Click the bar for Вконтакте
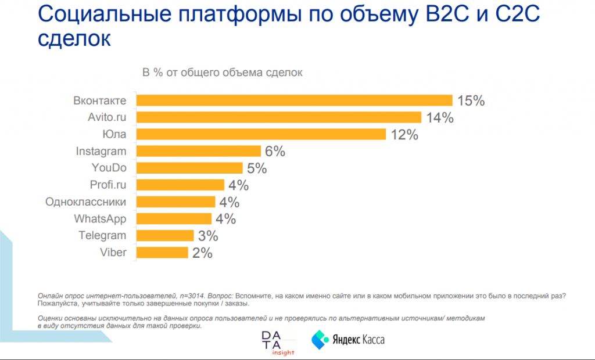pos(293,100)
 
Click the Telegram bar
pos(164,236)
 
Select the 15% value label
pos(471,100)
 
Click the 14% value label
pos(439,117)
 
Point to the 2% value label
pos(202,253)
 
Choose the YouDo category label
pos(109,168)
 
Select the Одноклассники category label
pos(86,202)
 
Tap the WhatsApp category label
pos(100,219)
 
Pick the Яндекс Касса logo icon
pos(320,339)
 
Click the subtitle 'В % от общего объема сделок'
pos(223,73)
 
